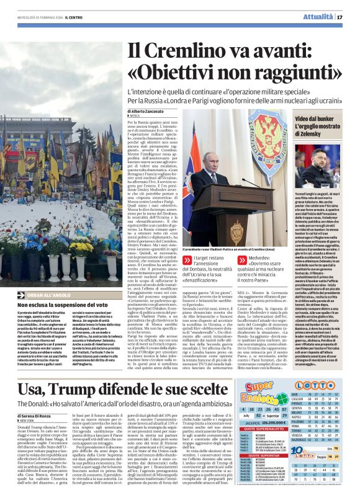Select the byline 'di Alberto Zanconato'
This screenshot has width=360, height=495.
151,109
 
